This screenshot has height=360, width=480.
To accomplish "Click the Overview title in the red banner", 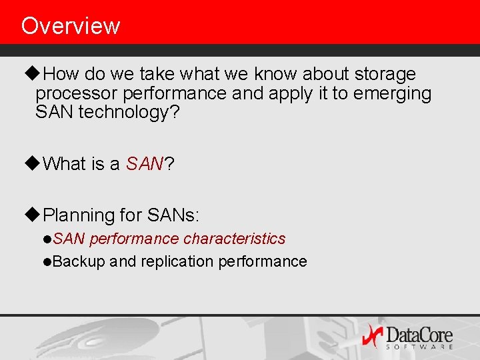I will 71,26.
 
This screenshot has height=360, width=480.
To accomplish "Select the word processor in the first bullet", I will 75,93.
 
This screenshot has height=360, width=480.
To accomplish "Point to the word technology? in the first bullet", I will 129,112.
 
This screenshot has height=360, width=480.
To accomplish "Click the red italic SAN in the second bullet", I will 145,164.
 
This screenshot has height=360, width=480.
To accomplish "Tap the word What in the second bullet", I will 65,164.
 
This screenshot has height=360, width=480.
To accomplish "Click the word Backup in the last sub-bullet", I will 79,261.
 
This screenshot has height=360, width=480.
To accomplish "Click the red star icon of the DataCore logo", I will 373,335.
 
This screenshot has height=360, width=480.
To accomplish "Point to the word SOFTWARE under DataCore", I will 419,347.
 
